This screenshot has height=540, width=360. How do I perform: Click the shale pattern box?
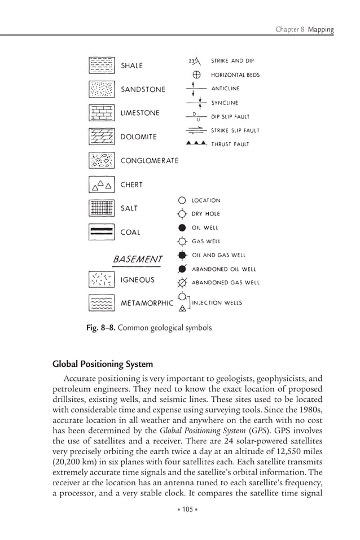click(x=102, y=65)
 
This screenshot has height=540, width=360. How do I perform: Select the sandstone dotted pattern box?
click(x=102, y=89)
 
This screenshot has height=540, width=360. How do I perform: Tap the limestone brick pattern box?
click(x=102, y=113)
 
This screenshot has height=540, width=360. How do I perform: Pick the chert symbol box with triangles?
click(x=102, y=185)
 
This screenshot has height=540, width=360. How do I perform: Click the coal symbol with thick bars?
click(x=102, y=232)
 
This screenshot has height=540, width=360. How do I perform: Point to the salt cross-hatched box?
click(x=102, y=208)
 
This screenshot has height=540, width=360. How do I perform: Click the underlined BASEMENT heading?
click(x=138, y=259)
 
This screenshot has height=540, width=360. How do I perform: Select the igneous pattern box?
click(x=102, y=279)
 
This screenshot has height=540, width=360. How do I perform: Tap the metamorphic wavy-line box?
click(x=102, y=303)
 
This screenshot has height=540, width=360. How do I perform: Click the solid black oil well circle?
click(x=182, y=228)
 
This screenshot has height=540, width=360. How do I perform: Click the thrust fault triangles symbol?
click(x=196, y=144)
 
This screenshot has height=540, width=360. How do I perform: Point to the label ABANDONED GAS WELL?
click(x=226, y=283)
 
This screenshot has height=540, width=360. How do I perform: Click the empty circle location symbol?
click(x=182, y=200)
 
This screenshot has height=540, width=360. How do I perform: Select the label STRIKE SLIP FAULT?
click(x=235, y=130)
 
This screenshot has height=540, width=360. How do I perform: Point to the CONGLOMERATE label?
click(x=150, y=161)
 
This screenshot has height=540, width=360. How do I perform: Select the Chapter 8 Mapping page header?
click(x=304, y=29)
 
